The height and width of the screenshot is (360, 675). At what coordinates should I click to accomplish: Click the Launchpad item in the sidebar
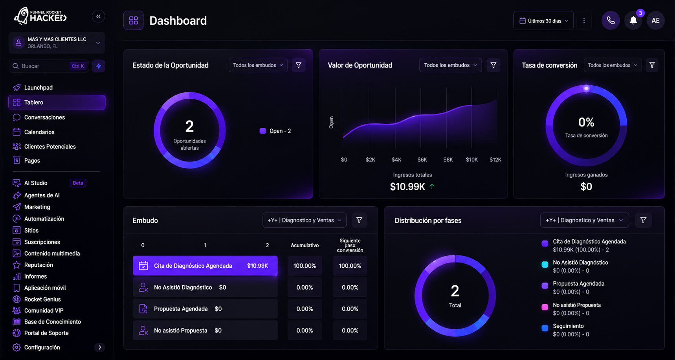(38, 88)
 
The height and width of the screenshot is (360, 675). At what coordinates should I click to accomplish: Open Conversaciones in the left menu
(44, 118)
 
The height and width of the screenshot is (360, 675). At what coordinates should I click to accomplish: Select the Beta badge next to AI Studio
(78, 183)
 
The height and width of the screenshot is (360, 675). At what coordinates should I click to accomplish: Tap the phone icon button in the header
(611, 20)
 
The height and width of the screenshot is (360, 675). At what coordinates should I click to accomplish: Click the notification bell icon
(633, 20)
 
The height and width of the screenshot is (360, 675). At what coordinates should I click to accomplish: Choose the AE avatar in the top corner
(655, 20)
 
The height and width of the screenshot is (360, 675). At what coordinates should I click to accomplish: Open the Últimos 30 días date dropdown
(543, 20)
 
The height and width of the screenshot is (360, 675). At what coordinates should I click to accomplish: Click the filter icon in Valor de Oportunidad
(493, 65)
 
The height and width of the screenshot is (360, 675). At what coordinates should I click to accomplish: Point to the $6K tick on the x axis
(422, 160)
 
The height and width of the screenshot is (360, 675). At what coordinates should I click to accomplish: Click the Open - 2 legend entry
(275, 131)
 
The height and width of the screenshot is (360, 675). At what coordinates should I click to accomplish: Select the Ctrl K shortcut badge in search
(78, 66)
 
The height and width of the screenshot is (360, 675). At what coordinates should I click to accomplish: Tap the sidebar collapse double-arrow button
(99, 16)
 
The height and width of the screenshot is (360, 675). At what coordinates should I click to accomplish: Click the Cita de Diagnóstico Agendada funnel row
(205, 266)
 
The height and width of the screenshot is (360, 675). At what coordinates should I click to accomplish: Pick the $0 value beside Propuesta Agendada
(218, 309)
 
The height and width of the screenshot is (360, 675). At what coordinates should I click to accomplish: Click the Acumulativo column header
(304, 245)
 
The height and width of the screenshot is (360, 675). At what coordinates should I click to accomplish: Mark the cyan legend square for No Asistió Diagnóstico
(545, 264)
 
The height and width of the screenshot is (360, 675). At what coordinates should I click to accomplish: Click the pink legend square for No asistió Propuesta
(545, 307)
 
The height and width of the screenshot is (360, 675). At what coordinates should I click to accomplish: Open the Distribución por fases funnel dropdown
(584, 220)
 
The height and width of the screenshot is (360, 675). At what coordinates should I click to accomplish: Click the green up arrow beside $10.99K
(432, 186)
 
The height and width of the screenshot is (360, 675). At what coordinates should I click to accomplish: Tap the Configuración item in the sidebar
(42, 347)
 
